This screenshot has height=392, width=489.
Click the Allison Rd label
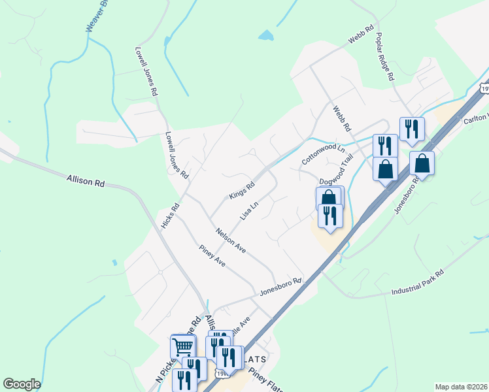[x=86, y=180]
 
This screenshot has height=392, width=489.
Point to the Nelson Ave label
[x=231, y=240]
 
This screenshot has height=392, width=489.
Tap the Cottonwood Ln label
[x=322, y=154]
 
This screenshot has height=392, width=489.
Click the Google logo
[x=22, y=384]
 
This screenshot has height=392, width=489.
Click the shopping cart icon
[x=182, y=345]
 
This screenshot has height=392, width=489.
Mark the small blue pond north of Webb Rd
[x=265, y=35]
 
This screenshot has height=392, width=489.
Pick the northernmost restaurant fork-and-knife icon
[x=411, y=128]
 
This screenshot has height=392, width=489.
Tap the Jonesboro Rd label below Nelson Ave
[x=280, y=286]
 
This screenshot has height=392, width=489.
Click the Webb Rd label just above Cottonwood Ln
[x=341, y=118]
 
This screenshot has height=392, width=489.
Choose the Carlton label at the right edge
[x=476, y=119]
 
